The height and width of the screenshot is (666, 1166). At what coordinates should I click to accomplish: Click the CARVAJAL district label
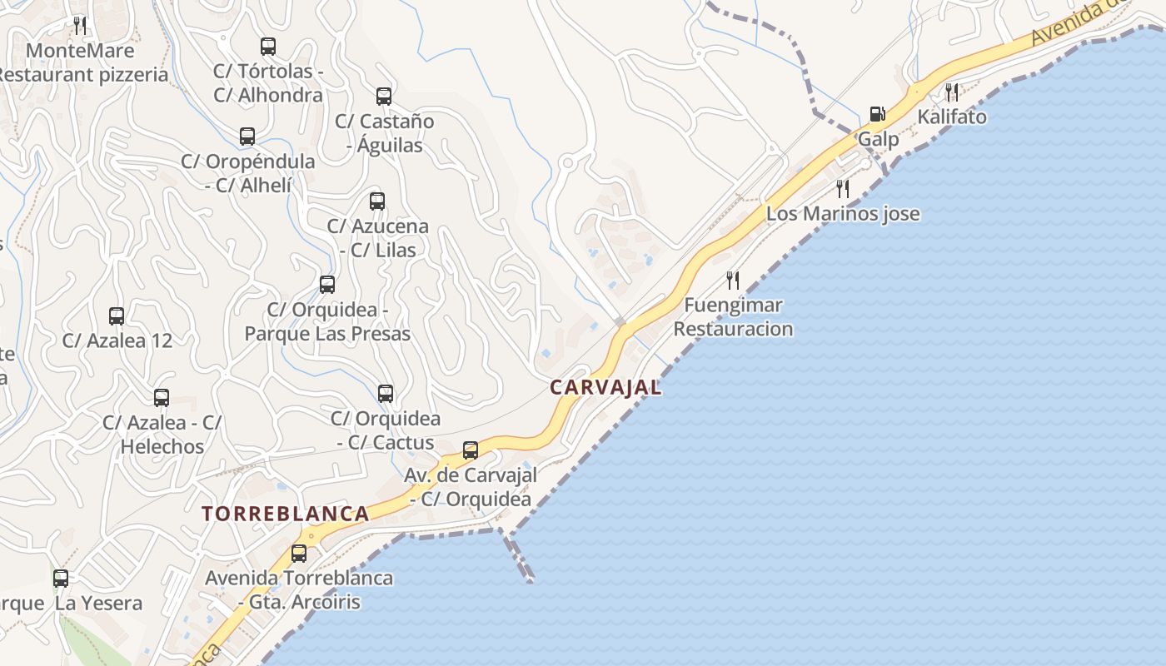tap(605, 387)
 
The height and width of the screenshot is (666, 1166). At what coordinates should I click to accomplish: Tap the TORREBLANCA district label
tap(286, 514)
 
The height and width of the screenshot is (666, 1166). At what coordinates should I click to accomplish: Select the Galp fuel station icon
tap(877, 113)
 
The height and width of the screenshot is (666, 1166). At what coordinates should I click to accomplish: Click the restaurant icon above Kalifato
tap(952, 92)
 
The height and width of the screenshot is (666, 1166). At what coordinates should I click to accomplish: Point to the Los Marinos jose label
tap(843, 214)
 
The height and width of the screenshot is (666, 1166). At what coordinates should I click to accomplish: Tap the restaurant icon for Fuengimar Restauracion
tap(733, 280)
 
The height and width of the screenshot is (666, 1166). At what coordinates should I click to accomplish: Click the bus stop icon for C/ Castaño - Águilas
tap(384, 97)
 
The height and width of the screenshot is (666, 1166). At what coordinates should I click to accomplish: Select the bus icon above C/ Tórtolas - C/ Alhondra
tap(268, 47)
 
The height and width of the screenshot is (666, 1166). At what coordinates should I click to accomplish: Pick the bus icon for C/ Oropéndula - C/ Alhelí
tap(247, 137)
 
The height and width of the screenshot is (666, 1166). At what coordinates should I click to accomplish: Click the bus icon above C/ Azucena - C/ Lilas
tap(377, 201)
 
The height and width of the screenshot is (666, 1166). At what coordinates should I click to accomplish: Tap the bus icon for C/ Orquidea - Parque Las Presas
tap(327, 285)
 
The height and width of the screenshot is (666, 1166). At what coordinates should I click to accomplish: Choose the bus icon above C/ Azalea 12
tap(117, 316)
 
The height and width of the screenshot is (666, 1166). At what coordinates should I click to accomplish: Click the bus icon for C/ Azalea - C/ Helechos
tap(162, 398)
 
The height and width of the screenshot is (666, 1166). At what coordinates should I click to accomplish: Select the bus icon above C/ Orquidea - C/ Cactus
tap(386, 394)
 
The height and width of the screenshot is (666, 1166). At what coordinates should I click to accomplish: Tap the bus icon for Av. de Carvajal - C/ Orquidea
tap(471, 450)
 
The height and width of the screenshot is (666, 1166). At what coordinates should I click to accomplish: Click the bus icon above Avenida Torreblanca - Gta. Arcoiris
tap(299, 553)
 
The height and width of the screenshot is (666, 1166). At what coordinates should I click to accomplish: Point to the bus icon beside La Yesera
tap(61, 578)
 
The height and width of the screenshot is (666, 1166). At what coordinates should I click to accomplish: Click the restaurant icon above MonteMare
tap(80, 25)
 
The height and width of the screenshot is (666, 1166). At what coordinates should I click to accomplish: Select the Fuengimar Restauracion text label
tap(733, 317)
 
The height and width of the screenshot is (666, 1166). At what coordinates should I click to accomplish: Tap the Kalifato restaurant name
tap(952, 117)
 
